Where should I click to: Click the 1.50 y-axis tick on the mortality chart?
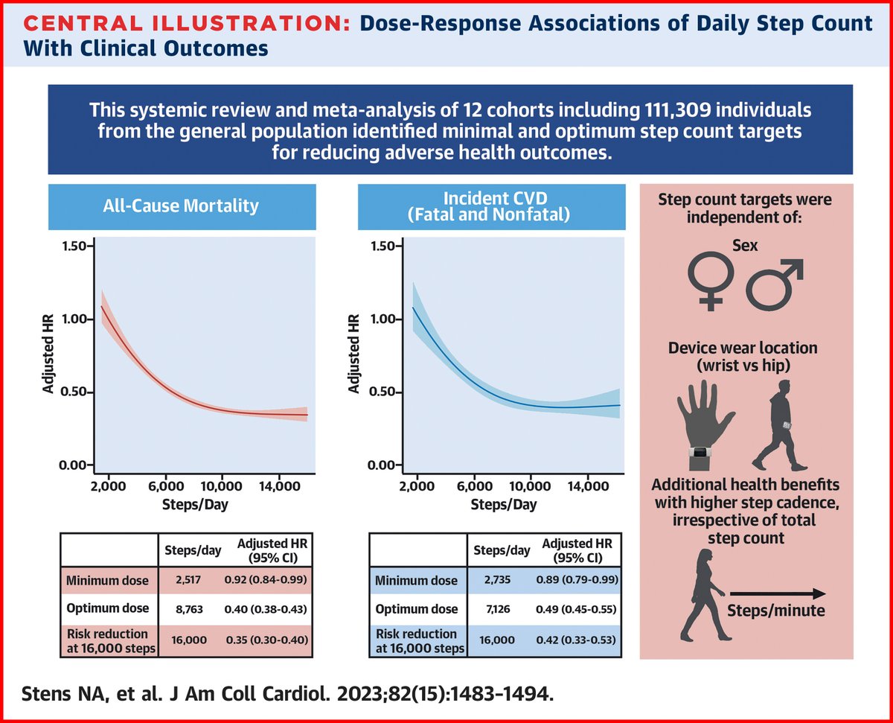pos(75,246)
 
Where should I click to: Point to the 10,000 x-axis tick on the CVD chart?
pos(530,486)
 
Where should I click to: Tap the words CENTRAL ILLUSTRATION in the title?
pos(179,24)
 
